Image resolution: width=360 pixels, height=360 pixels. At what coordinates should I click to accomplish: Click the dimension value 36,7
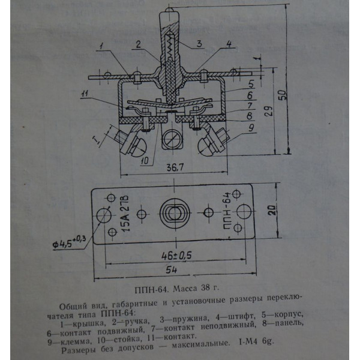(x=175, y=167)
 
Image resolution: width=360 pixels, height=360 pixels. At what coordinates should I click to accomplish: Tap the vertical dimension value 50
(x=283, y=94)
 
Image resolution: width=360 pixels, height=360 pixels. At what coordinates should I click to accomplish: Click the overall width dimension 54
(x=171, y=270)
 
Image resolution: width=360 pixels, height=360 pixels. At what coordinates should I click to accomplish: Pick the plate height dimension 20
(x=272, y=209)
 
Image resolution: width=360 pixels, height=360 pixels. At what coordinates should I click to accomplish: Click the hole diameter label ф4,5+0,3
(x=69, y=242)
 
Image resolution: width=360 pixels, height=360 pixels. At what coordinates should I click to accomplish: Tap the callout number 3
(x=199, y=43)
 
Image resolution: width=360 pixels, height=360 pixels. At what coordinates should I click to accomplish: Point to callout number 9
(x=251, y=128)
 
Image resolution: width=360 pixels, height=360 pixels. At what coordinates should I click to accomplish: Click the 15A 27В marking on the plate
(x=125, y=214)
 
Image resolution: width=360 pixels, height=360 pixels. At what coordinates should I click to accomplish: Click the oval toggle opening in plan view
(x=175, y=213)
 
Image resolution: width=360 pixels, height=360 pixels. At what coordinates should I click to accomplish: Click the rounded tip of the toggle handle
(x=169, y=10)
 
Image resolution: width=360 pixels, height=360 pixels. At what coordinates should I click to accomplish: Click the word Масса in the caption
(x=185, y=288)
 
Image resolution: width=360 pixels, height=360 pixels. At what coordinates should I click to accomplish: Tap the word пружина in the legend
(x=191, y=319)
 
